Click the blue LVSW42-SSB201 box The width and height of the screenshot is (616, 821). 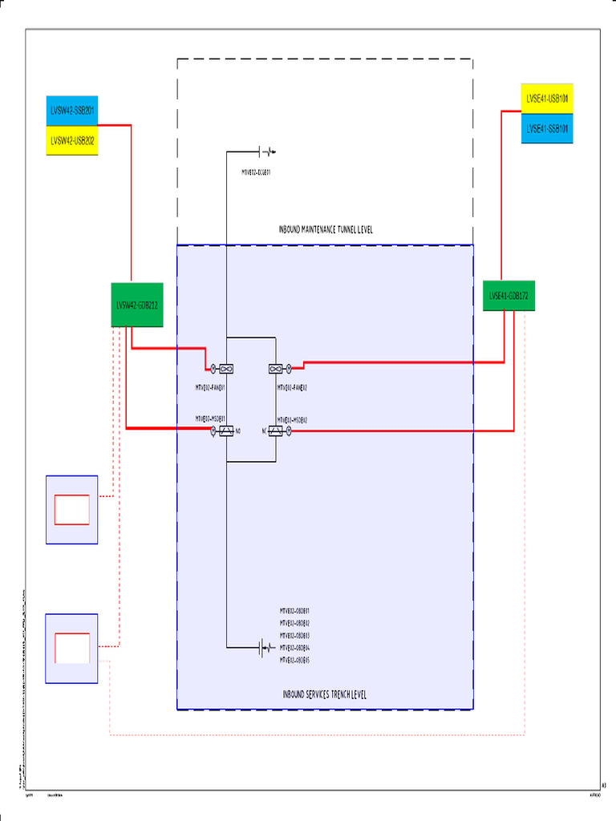(x=72, y=111)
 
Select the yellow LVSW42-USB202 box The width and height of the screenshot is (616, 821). (x=72, y=140)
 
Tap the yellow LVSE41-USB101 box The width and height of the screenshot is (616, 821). (x=547, y=98)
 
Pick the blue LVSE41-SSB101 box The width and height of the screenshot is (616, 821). (x=547, y=128)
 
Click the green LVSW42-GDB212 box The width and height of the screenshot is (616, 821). (x=136, y=305)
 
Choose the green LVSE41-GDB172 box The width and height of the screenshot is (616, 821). (x=509, y=296)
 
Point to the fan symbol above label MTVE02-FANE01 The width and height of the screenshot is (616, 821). (x=226, y=369)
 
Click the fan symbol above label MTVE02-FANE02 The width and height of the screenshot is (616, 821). (x=276, y=369)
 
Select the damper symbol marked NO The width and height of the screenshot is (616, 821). (x=226, y=431)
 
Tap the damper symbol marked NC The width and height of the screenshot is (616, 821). (x=276, y=431)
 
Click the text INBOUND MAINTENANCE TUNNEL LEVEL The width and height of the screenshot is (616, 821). (x=326, y=230)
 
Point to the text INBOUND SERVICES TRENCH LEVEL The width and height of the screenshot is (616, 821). (x=325, y=694)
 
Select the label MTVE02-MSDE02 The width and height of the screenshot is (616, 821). (x=293, y=419)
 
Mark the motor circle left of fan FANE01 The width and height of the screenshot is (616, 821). (x=213, y=369)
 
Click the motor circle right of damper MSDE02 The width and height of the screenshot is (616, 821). (x=289, y=431)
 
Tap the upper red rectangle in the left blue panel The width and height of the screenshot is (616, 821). (x=71, y=509)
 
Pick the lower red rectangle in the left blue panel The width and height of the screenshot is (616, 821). (x=71, y=647)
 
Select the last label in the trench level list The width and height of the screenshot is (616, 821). (x=294, y=660)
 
